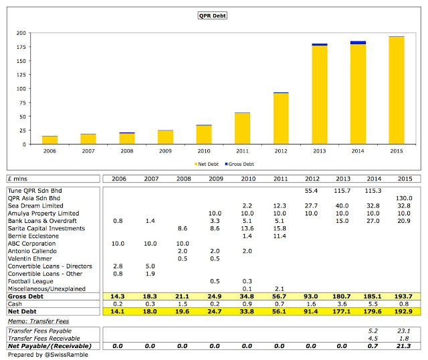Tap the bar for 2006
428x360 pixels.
point(50,140)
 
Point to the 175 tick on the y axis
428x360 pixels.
point(25,47)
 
